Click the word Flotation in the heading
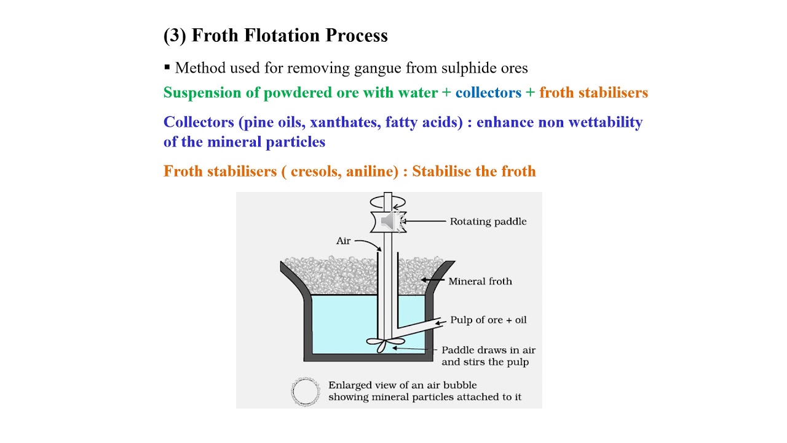click(x=282, y=35)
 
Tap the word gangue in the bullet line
click(x=378, y=68)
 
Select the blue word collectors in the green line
click(x=488, y=92)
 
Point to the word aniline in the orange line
click(x=373, y=171)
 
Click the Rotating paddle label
click(x=488, y=221)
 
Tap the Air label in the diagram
click(x=343, y=241)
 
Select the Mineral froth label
click(x=480, y=281)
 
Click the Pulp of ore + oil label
click(x=488, y=320)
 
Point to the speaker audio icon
click(x=390, y=221)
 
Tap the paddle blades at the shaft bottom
click(x=385, y=344)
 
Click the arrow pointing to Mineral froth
click(x=432, y=280)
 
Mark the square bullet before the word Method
click(x=167, y=67)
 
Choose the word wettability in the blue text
click(x=606, y=122)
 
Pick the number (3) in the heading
click(x=175, y=36)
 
